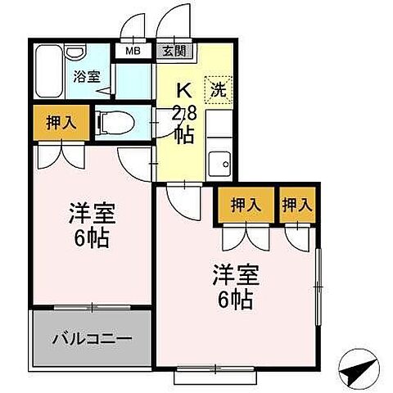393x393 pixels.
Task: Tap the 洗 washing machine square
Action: tap(217, 90)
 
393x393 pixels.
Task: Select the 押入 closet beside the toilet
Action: tap(56, 123)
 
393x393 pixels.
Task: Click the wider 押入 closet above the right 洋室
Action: tap(245, 205)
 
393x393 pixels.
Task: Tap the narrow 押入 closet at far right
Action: tap(296, 205)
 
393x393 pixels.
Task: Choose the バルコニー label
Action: tap(91, 337)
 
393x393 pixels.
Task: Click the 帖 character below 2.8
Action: tap(185, 135)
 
